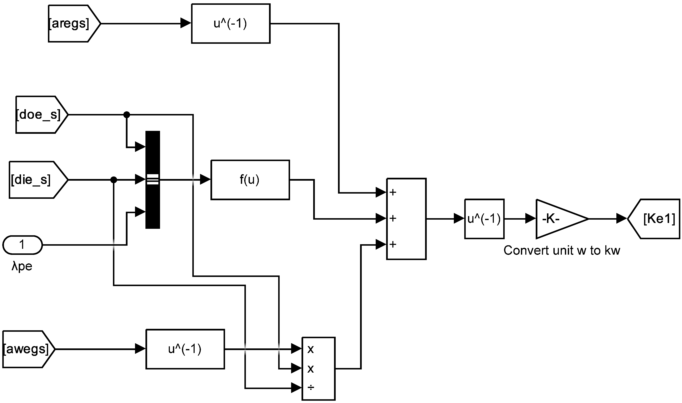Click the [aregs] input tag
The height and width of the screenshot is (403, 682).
pos(72,24)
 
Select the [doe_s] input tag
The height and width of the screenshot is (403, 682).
pos(39,115)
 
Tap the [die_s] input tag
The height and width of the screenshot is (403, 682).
pos(35,180)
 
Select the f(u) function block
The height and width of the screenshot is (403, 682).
pos(250,180)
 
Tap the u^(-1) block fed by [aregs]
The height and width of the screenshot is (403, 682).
pos(230,24)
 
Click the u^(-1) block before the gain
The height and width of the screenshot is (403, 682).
pos(484,219)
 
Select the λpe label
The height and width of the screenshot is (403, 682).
pos(22,266)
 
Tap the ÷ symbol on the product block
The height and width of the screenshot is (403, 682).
pos(311,388)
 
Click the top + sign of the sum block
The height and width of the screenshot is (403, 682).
pos(393,193)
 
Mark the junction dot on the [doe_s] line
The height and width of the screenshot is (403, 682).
pos(126,115)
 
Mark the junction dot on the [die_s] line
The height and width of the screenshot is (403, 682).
pos(114,180)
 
